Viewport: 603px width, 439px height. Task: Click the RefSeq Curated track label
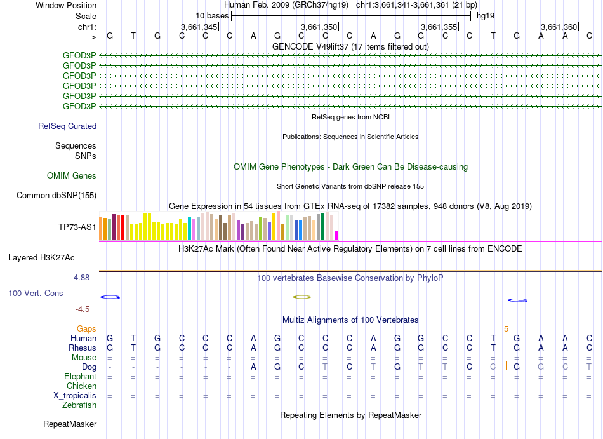pyautogui.click(x=67, y=126)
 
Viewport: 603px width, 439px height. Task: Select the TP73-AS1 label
pyautogui.click(x=77, y=227)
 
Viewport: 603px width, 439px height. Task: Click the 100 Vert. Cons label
pyautogui.click(x=36, y=294)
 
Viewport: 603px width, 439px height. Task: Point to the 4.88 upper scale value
pyautogui.click(x=83, y=278)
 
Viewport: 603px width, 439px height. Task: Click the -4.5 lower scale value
pyautogui.click(x=83, y=309)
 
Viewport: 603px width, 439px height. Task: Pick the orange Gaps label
pyautogui.click(x=86, y=328)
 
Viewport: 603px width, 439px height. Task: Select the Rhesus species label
pyautogui.click(x=83, y=348)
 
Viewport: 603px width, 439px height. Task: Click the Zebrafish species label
pyautogui.click(x=79, y=405)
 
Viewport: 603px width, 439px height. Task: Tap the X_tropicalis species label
pyautogui.click(x=75, y=395)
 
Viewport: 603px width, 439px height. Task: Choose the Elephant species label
pyautogui.click(x=79, y=376)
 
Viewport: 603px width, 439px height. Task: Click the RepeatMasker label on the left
pyautogui.click(x=70, y=424)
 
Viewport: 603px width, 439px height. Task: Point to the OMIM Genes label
pyautogui.click(x=72, y=176)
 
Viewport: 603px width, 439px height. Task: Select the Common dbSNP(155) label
pyautogui.click(x=56, y=196)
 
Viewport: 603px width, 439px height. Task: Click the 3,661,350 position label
pyautogui.click(x=319, y=27)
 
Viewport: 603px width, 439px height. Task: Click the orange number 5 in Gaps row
pyautogui.click(x=506, y=328)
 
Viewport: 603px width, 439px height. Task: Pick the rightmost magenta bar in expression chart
pyautogui.click(x=336, y=235)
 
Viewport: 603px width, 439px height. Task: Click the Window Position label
pyautogui.click(x=66, y=5)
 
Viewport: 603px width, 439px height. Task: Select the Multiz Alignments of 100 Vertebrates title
pyautogui.click(x=350, y=320)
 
